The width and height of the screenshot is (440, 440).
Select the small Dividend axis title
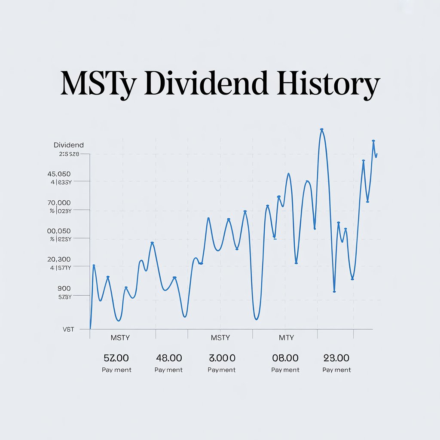(x=69, y=145)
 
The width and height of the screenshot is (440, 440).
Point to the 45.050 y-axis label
(x=59, y=174)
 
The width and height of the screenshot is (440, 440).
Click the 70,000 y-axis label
(x=59, y=203)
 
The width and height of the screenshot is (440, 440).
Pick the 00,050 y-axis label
(x=59, y=231)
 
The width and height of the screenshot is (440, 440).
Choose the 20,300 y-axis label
(x=59, y=260)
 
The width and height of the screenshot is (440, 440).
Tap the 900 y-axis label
(x=64, y=288)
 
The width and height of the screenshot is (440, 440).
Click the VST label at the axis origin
(x=68, y=330)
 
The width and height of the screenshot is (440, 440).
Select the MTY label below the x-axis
(x=286, y=338)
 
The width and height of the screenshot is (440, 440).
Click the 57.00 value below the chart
(x=116, y=358)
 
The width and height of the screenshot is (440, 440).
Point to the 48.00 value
(x=168, y=358)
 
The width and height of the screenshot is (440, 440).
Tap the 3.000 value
(x=222, y=358)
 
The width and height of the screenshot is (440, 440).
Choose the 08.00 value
(x=285, y=358)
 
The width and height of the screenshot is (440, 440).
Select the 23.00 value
(x=336, y=358)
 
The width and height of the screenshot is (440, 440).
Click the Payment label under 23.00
(x=336, y=370)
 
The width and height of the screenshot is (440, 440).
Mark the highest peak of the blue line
(x=321, y=129)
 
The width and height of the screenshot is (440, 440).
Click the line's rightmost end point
(x=376, y=154)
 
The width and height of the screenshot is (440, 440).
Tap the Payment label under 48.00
(x=168, y=370)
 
